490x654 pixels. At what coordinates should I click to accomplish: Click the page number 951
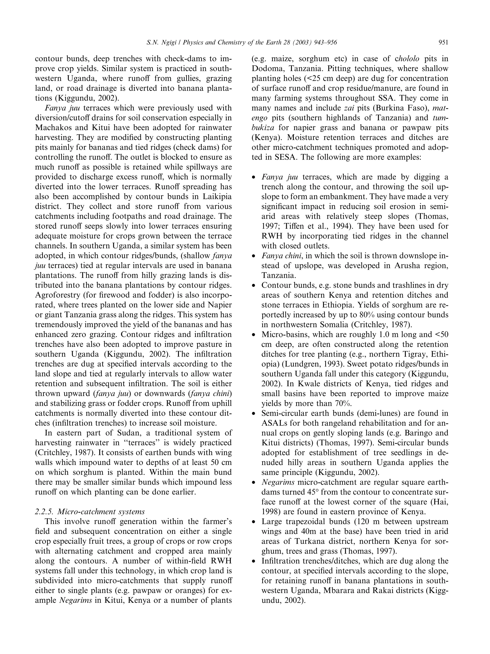pos(443,43)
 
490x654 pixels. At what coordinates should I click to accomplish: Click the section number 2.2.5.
pos(44,511)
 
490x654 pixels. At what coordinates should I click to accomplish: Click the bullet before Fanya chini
pos(253,256)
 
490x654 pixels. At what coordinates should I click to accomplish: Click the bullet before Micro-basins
pos(253,335)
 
